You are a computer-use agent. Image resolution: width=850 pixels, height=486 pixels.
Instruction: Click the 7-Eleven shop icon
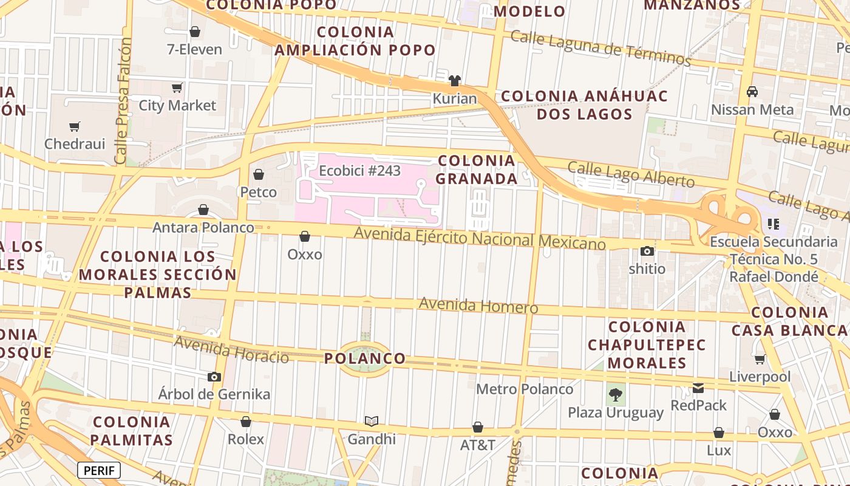pyautogui.click(x=195, y=32)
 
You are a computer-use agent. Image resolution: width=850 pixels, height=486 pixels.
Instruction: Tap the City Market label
pyautogui.click(x=177, y=106)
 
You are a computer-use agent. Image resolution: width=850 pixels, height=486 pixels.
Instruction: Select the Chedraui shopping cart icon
pyautogui.click(x=74, y=126)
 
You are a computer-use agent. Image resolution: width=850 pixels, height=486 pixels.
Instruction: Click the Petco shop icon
pyautogui.click(x=259, y=175)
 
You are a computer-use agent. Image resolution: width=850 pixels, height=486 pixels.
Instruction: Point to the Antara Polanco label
pyautogui.click(x=203, y=227)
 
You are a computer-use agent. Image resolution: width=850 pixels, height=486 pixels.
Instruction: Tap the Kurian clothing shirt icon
pyautogui.click(x=455, y=81)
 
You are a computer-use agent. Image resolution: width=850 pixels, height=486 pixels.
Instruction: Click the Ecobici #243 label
pyautogui.click(x=360, y=171)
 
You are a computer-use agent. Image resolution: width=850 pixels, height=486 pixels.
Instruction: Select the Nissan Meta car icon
pyautogui.click(x=752, y=92)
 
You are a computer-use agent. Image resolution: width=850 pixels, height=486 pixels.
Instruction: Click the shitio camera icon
pyautogui.click(x=647, y=251)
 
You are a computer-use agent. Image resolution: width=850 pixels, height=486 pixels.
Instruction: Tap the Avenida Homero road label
pyautogui.click(x=478, y=305)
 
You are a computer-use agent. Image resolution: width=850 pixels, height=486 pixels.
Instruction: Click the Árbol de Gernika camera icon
pyautogui.click(x=214, y=377)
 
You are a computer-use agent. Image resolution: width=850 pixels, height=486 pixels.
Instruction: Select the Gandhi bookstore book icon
pyautogui.click(x=372, y=421)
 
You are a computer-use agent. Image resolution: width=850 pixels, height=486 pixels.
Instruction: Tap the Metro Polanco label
pyautogui.click(x=525, y=389)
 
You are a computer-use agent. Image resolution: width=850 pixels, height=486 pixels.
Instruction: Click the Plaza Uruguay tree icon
pyautogui.click(x=616, y=395)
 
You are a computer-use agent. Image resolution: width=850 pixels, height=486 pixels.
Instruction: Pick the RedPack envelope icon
pyautogui.click(x=698, y=388)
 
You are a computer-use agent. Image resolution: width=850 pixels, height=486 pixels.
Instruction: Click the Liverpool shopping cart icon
pyautogui.click(x=760, y=359)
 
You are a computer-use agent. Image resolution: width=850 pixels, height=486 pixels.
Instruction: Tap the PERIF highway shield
pyautogui.click(x=99, y=470)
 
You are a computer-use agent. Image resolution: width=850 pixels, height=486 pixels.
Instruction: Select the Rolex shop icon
pyautogui.click(x=246, y=422)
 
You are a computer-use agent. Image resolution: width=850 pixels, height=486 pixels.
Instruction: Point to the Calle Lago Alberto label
pyautogui.click(x=631, y=175)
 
